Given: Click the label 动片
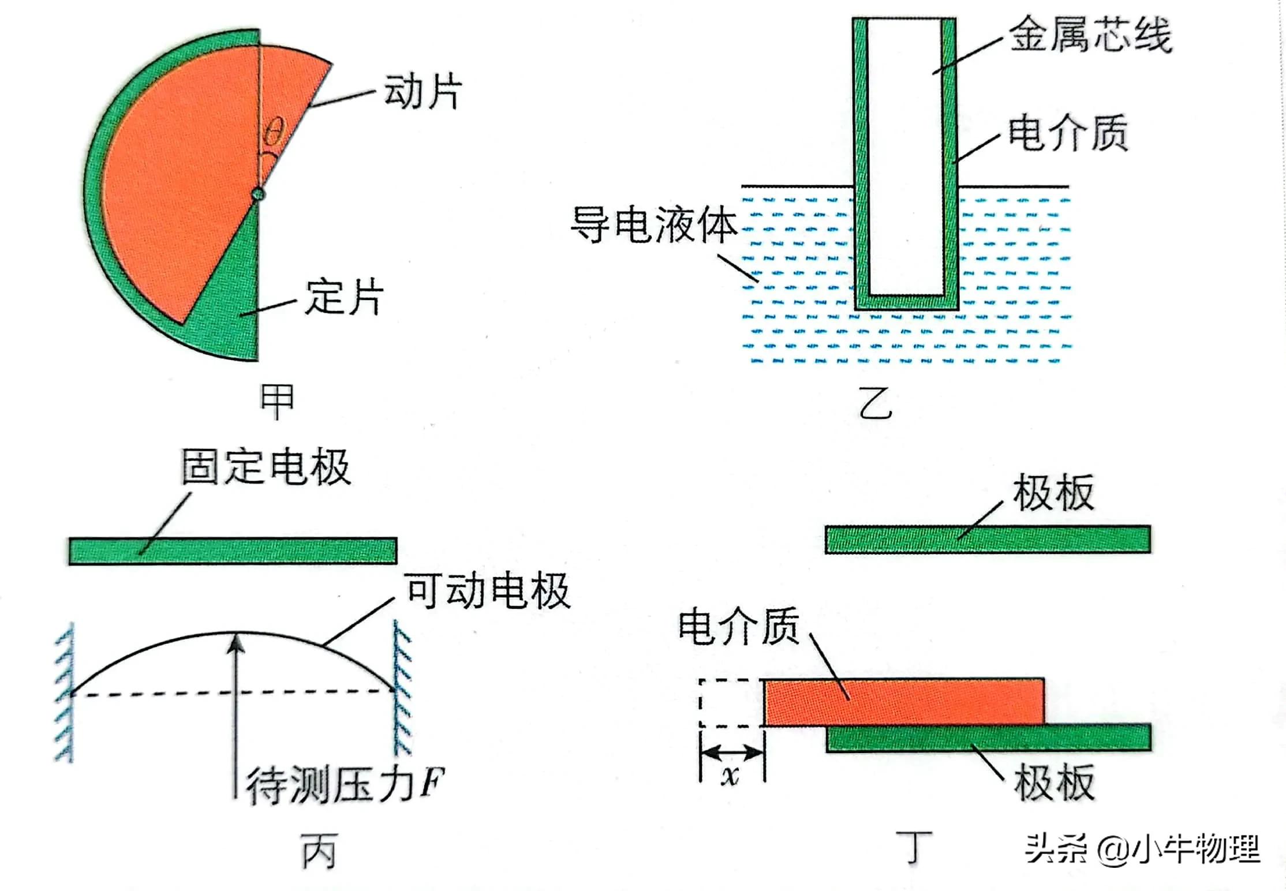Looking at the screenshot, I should coord(423,92).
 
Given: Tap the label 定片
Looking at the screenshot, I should coord(344,297).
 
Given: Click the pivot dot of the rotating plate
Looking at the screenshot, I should coord(258,194).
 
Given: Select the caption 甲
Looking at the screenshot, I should coord(277,401).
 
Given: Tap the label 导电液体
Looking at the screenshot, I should coord(654,224).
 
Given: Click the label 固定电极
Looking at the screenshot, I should coord(266,466).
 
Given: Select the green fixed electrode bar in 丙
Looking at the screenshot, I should coord(233,551).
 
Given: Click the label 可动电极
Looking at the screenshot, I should coord(488,591).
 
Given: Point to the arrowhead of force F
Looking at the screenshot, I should coord(235,643).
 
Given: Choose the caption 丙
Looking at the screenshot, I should coord(319,852).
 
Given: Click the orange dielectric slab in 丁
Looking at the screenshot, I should coord(904,702).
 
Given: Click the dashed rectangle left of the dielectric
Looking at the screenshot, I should coord(731,702).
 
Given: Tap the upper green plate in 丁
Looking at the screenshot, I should coord(987,540).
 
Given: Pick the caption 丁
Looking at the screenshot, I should coord(913,847).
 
